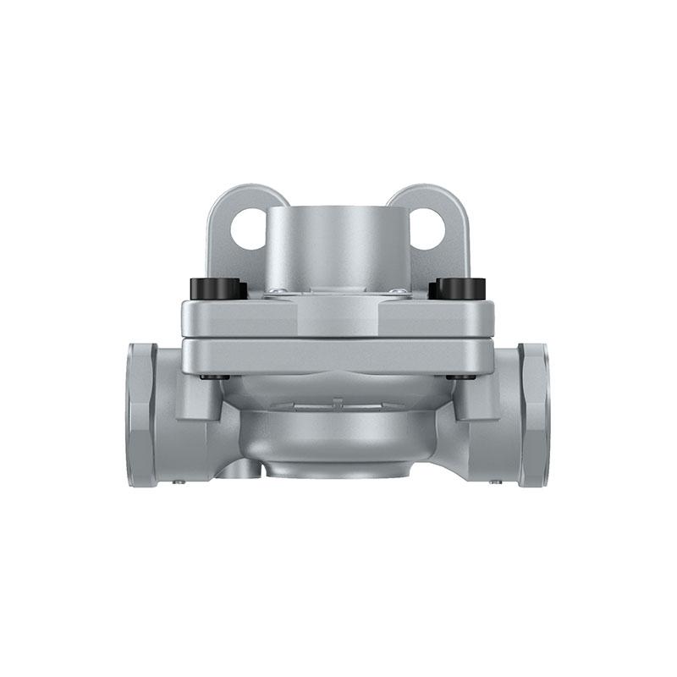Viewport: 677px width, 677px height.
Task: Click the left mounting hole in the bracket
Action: click(x=249, y=228)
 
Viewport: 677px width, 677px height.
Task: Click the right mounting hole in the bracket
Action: click(x=427, y=228)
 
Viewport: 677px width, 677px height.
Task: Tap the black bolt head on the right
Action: click(x=458, y=289)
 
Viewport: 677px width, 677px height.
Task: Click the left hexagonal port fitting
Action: click(x=141, y=415)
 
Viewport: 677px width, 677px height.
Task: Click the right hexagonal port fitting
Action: click(x=534, y=415)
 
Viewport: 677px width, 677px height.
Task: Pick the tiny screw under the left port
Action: click(x=179, y=482)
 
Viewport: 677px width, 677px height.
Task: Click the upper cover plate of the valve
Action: click(x=338, y=318)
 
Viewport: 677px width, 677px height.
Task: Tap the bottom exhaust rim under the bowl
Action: click(x=338, y=471)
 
